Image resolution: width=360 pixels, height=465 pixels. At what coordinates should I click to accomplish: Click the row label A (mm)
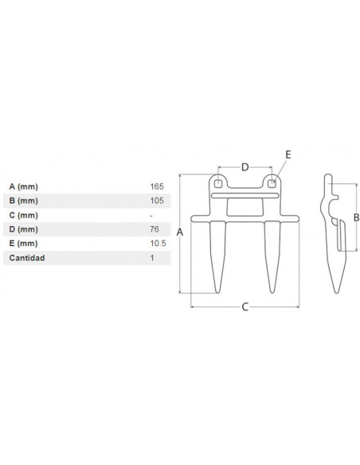(x=24, y=186)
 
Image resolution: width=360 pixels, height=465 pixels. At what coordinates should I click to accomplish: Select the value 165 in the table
(x=157, y=186)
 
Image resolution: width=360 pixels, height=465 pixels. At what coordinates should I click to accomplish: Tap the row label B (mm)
(x=24, y=201)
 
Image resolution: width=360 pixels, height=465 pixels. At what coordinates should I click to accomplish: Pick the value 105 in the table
(x=157, y=201)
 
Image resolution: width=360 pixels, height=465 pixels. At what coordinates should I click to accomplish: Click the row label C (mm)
(x=24, y=215)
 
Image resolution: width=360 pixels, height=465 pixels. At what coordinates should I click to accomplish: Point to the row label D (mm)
(x=24, y=229)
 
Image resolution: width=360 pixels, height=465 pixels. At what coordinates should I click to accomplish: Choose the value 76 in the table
(x=155, y=229)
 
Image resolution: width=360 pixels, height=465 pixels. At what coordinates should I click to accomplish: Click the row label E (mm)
(x=23, y=244)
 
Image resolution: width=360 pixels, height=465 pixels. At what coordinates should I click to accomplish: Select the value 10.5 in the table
(x=158, y=244)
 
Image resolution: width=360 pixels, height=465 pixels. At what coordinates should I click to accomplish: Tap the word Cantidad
(x=27, y=258)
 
